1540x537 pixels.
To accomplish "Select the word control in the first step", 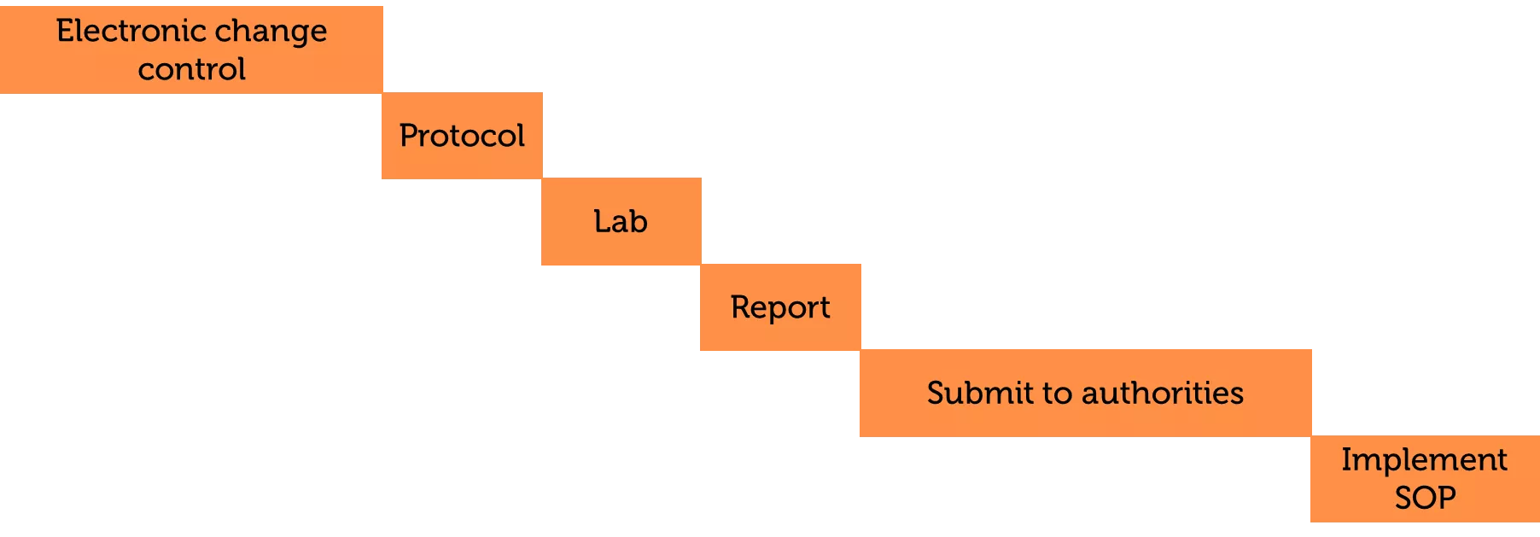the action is point(192,68).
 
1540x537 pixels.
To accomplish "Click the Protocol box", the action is point(462,136).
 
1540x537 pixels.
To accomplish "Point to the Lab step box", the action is point(621,221).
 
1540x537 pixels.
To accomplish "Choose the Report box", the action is point(780,307).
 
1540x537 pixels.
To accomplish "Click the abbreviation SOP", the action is point(1425,497).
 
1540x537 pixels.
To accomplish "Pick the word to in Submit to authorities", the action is point(1058,394).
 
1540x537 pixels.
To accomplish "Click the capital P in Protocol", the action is point(409,136).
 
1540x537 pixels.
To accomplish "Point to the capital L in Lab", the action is point(602,221).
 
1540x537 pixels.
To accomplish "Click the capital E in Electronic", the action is point(65,31).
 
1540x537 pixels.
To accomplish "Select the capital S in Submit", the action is point(936,393).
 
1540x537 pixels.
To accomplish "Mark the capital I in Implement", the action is point(1346,459).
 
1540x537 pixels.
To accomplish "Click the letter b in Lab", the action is point(639,221).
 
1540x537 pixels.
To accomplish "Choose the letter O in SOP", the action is point(1425,497).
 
